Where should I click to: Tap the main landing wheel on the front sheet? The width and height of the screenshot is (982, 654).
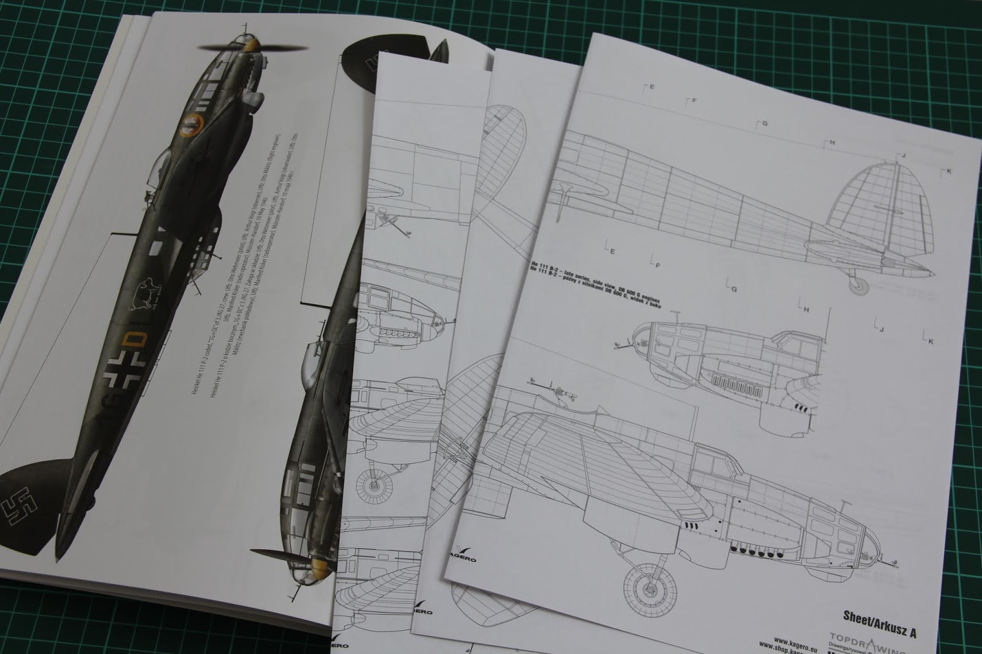tap(644, 589)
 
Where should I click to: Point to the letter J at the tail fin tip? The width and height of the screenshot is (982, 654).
tap(902, 156)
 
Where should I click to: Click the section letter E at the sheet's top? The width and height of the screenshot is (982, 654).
tap(650, 87)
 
